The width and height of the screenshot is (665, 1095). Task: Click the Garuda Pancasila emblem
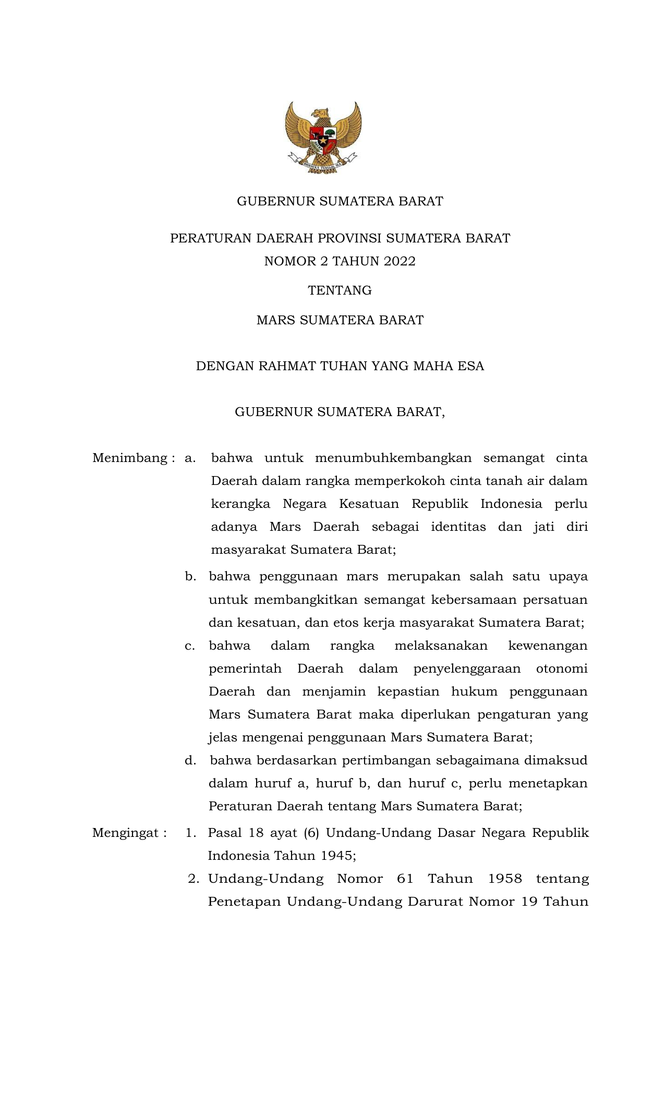tap(323, 138)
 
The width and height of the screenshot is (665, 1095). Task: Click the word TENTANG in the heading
tap(340, 290)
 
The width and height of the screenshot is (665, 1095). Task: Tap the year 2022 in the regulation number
tap(400, 261)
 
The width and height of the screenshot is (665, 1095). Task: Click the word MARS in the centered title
tap(276, 320)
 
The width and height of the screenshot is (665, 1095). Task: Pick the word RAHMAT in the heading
tap(291, 366)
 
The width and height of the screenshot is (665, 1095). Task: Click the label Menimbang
tap(130, 458)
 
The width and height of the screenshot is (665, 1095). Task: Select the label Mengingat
tap(126, 833)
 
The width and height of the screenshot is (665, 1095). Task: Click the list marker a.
tap(190, 458)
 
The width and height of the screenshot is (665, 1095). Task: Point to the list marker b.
tap(190, 577)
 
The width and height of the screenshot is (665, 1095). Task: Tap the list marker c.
tap(190, 646)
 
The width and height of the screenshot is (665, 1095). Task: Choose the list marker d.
tap(190, 761)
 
